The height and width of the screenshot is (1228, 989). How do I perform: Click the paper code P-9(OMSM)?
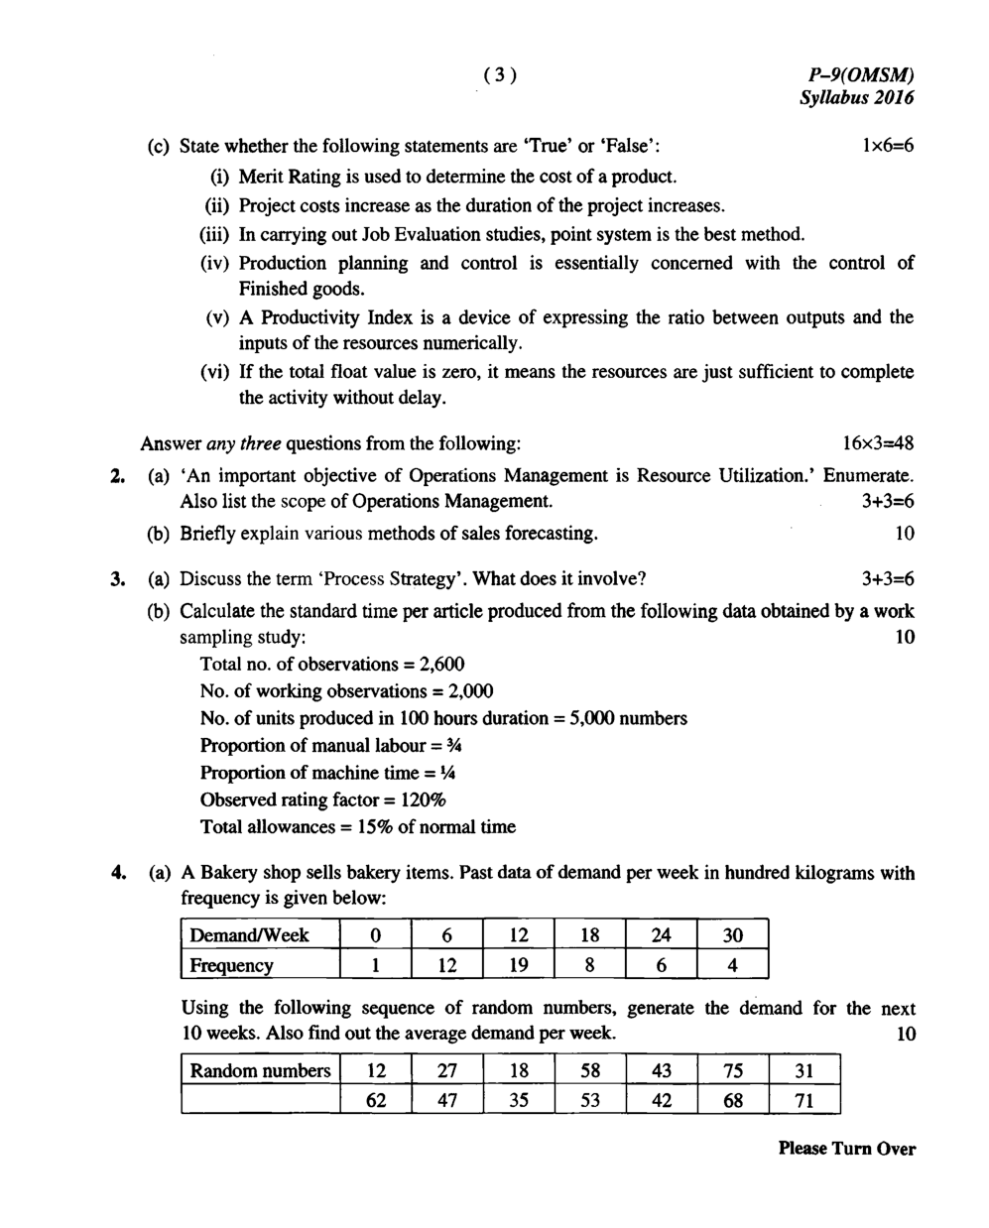tap(860, 74)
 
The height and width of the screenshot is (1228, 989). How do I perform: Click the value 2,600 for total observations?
tap(441, 664)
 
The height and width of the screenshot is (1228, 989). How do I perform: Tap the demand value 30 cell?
tap(732, 934)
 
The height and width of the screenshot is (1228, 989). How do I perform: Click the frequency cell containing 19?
tap(518, 965)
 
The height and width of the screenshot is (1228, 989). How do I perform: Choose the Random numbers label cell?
tap(260, 1070)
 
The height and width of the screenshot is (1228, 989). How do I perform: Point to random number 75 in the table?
tap(733, 1070)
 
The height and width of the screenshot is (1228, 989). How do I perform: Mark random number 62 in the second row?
tap(376, 1100)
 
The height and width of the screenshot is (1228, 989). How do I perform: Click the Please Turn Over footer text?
tap(846, 1149)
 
